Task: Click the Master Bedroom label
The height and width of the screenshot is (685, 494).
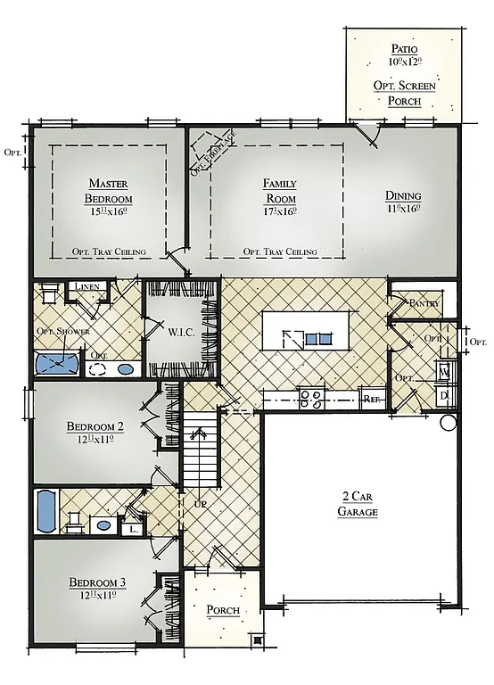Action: point(109,191)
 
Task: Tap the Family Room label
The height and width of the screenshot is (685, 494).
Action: point(279,190)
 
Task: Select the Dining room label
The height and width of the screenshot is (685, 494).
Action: point(403,196)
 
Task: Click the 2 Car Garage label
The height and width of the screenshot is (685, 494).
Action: point(358,504)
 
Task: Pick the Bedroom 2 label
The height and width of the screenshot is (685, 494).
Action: point(95,426)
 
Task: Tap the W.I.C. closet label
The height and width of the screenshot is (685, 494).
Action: point(181,333)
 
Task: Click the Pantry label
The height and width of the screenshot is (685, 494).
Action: point(424,302)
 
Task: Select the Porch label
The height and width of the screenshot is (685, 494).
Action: point(222,610)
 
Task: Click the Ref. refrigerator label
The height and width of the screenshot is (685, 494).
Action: point(372,400)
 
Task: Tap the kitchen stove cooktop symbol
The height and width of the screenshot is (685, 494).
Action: point(311,398)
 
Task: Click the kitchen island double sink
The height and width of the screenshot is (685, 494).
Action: point(317,338)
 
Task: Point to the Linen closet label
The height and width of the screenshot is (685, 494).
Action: point(86,287)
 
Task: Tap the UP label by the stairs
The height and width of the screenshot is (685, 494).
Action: point(200,504)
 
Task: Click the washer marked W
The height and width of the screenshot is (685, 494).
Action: point(443,372)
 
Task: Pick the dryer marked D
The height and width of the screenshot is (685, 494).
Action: point(443,394)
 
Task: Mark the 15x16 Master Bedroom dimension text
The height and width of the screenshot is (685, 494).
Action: point(109,212)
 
